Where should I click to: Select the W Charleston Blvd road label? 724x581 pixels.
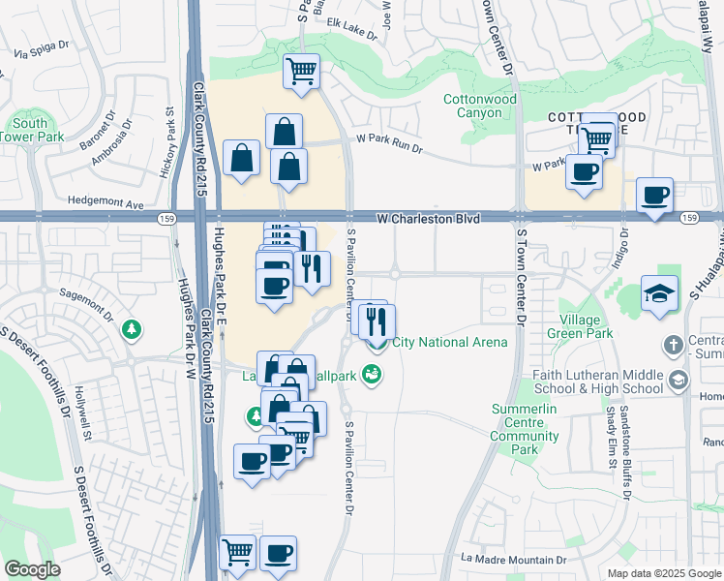pyautogui.click(x=428, y=220)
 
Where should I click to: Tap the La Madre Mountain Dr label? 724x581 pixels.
pyautogui.click(x=513, y=560)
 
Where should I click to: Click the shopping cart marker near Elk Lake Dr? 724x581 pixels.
pyautogui.click(x=301, y=71)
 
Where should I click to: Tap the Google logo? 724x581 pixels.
pyautogui.click(x=33, y=569)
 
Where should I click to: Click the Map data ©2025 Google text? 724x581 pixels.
pyautogui.click(x=663, y=573)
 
